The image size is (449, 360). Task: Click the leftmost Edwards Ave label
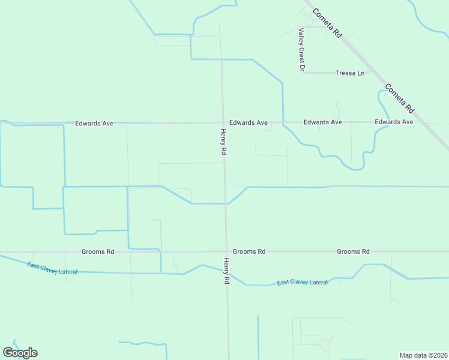[94, 124]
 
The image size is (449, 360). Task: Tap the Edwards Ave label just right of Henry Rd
[248, 122]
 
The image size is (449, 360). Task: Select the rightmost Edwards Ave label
[394, 122]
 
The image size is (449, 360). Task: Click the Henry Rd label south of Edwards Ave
[223, 143]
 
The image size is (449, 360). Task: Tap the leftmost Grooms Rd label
[98, 252]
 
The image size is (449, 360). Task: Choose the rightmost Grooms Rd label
[353, 252]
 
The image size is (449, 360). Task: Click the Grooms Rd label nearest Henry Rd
[249, 252]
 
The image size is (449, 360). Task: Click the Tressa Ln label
[350, 73]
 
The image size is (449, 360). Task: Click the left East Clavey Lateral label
[52, 268]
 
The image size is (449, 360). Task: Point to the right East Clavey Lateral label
[303, 282]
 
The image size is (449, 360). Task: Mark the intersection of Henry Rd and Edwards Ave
[223, 122]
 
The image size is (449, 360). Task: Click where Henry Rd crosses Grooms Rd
[226, 252]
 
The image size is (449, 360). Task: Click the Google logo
[20, 353]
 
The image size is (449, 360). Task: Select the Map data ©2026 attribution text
[423, 355]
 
